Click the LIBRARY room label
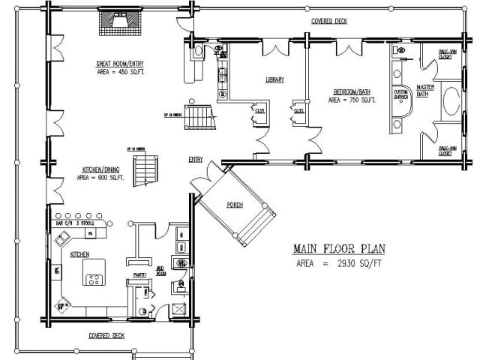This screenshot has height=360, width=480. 274,79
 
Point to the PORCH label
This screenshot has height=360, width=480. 234,204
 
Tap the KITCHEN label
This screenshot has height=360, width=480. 80,254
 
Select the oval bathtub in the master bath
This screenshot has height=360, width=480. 451,103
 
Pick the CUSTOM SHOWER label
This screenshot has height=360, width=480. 400,94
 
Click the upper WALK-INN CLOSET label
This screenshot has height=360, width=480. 449,54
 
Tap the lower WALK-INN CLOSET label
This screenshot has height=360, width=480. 449,151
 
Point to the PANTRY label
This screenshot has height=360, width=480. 138,275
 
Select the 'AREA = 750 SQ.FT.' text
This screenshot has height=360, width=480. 354,100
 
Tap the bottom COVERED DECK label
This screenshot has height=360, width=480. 106,334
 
